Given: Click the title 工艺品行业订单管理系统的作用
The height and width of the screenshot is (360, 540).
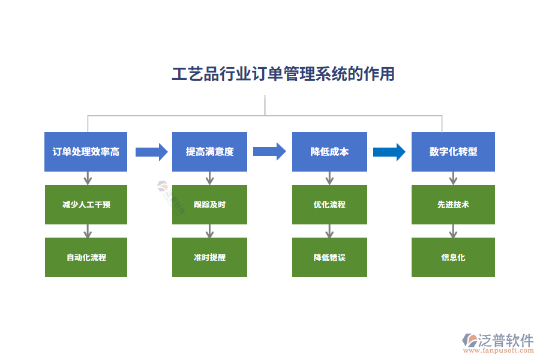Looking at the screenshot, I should pos(283,74).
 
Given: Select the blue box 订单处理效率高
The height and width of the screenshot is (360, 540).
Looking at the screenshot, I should pos(86,152).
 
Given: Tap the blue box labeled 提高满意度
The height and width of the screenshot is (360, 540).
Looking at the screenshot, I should pos(209,152).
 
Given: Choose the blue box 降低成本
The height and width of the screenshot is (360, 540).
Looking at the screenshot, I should pos(329,152).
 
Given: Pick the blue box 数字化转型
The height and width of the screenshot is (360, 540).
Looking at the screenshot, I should pos(453,152).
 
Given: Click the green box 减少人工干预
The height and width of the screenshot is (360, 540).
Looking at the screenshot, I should pos(86,205).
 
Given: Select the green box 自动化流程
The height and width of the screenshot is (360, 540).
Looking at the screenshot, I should pos(86,257).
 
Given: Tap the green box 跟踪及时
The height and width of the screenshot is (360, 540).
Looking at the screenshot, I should pos(209,205).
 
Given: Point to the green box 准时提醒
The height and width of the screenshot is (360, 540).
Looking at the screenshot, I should pos(209,257).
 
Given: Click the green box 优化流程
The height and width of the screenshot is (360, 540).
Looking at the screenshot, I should pos(329,205).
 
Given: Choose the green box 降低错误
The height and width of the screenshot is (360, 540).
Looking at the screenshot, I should pos(329,257).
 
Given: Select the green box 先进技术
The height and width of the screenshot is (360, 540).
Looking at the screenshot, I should pos(453,205).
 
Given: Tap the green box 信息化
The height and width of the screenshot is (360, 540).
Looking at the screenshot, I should pos(453,257).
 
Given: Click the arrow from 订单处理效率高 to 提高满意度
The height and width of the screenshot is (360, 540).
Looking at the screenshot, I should pos(151,152).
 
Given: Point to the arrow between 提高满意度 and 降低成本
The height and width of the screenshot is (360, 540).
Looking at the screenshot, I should pos(269,152).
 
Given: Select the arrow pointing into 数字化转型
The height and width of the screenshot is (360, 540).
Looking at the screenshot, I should pos(389,152).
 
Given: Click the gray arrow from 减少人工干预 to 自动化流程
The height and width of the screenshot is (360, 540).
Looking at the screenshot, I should pos(88,231).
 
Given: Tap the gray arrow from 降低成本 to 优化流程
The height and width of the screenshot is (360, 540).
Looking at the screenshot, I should pos(329,178).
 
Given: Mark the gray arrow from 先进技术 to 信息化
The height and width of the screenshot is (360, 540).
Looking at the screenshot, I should pos(453,231).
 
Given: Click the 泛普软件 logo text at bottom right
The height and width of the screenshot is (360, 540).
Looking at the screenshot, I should pos(505,341).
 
